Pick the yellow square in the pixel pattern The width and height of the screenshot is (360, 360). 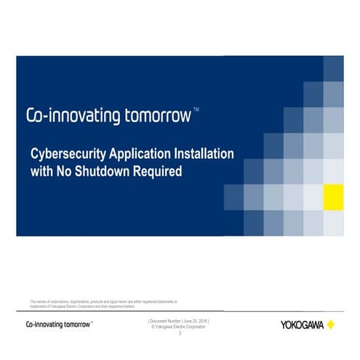[333, 196]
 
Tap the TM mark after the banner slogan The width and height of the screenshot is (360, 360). [196, 110]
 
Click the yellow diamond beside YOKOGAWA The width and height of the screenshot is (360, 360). [331, 324]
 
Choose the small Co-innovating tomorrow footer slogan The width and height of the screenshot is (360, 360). [59, 324]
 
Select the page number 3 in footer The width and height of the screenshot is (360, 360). [180, 333]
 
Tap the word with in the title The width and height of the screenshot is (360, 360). [41, 172]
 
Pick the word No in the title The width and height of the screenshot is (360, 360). [64, 172]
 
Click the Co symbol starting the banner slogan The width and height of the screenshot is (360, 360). [34, 116]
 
